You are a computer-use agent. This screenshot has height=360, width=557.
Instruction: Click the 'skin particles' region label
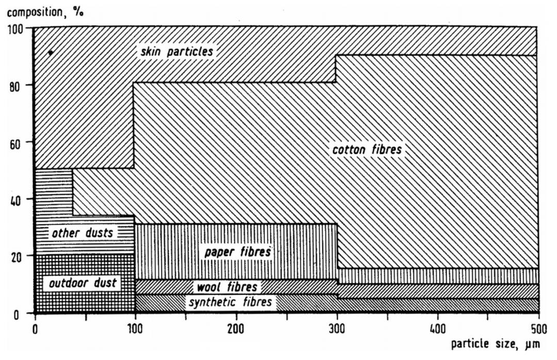176,52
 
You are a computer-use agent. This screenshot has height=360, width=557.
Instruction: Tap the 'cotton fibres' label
367,150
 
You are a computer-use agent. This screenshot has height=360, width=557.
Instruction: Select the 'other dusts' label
83,233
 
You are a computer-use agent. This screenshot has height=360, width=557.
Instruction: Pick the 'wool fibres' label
226,286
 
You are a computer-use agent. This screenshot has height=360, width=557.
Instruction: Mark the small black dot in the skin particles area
50,52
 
